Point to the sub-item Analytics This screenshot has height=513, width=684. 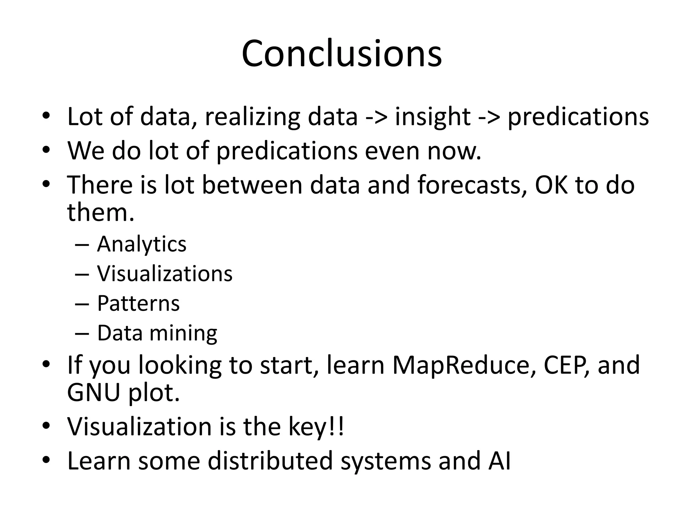pyautogui.click(x=142, y=244)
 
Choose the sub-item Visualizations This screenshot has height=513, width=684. pyautogui.click(x=165, y=274)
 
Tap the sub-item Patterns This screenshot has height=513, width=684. pyautogui.click(x=138, y=303)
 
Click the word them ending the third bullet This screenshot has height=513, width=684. pyautogui.click(x=101, y=212)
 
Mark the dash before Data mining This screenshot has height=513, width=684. pyautogui.click(x=82, y=333)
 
